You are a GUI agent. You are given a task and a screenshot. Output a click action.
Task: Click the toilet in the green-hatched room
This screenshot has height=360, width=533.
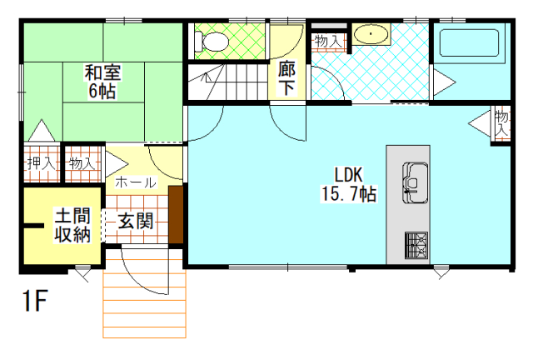click(212, 42)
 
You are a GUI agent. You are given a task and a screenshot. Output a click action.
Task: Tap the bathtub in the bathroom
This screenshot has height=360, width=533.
click(469, 42)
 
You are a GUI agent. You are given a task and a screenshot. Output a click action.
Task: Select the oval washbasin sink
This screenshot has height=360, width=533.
click(371, 34)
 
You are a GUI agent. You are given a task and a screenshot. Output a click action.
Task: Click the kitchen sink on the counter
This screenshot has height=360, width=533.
click(416, 182)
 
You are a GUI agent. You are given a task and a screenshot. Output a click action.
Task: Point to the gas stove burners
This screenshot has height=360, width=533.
click(416, 245)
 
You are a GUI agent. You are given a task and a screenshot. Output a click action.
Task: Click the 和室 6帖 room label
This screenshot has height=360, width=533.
click(102, 82)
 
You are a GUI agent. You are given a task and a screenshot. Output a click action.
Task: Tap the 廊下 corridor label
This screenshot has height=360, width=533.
click(286, 78)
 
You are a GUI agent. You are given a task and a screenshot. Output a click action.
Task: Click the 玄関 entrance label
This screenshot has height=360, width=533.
click(136, 222)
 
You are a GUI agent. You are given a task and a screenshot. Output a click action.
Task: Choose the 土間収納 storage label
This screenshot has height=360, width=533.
click(72, 225)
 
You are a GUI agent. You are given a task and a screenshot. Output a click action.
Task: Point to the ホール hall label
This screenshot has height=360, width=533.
click(136, 182)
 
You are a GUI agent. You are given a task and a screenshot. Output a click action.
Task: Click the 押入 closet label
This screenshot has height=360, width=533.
click(41, 164)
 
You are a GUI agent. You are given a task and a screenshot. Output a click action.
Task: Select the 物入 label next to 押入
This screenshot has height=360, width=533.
click(82, 163)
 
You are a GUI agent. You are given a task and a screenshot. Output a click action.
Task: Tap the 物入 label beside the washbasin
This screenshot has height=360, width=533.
click(327, 41)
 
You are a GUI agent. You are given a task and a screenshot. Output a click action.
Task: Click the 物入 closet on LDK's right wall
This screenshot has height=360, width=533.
click(501, 123)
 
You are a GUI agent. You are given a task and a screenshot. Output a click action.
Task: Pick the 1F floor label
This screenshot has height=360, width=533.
click(34, 301)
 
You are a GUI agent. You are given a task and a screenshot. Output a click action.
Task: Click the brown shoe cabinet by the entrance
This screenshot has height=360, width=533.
click(176, 215)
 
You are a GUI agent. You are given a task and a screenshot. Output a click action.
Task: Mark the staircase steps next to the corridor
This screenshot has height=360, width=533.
click(227, 82)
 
